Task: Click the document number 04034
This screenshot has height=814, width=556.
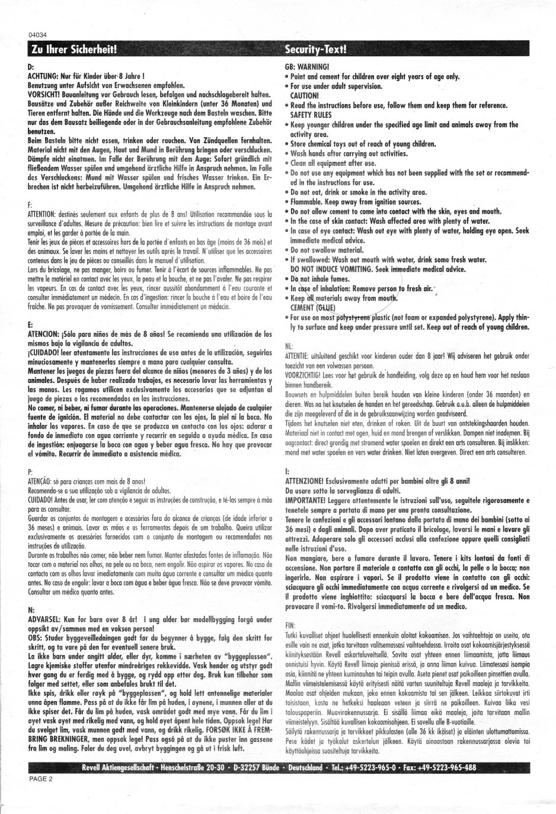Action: tap(37, 34)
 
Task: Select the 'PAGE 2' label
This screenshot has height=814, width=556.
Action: tap(40, 778)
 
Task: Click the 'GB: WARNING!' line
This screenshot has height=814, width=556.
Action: tap(307, 67)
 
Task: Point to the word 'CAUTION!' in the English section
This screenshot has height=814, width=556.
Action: tap(304, 95)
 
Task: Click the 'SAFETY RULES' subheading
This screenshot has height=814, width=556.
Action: tap(311, 115)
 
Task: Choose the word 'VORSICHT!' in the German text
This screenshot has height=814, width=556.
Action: tap(45, 95)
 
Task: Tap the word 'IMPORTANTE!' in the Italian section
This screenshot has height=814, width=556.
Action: tap(308, 500)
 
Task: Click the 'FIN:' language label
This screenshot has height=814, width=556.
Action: tap(290, 625)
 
